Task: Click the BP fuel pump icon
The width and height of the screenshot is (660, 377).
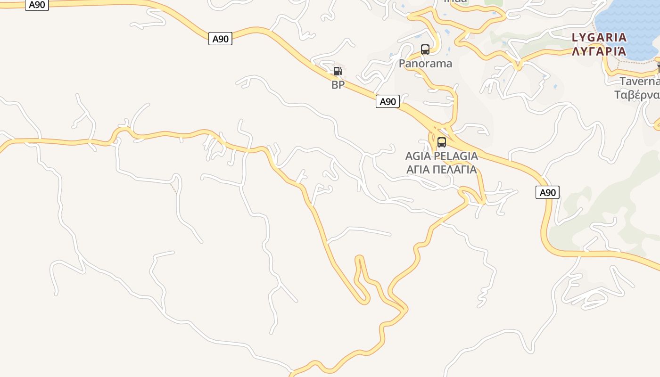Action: tap(338, 71)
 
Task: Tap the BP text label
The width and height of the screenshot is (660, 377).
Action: tap(338, 85)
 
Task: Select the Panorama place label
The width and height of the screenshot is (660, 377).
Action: tap(425, 63)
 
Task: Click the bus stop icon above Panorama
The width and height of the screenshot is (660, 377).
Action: tap(425, 49)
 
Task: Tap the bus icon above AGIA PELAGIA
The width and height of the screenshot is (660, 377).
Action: tap(442, 142)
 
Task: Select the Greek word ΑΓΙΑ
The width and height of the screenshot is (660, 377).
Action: tap(419, 169)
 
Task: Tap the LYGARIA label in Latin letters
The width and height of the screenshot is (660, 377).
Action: tap(599, 37)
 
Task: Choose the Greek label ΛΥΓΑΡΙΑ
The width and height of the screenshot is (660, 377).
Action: tap(599, 51)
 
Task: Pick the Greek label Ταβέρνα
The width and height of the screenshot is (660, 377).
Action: tap(637, 95)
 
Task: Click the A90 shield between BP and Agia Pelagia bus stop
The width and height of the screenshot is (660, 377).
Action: tap(388, 101)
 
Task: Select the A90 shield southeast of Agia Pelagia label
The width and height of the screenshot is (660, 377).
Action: tap(547, 192)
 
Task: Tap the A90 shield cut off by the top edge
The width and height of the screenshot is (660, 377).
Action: tap(37, 5)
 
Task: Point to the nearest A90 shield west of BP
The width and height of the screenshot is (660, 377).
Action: tap(220, 39)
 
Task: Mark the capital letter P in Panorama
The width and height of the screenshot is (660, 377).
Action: tap(402, 63)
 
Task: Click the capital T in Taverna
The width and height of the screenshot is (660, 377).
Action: tap(622, 81)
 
